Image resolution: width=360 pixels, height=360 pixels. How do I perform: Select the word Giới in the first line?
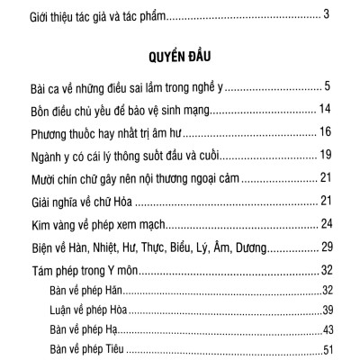pyautogui.click(x=40, y=16)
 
